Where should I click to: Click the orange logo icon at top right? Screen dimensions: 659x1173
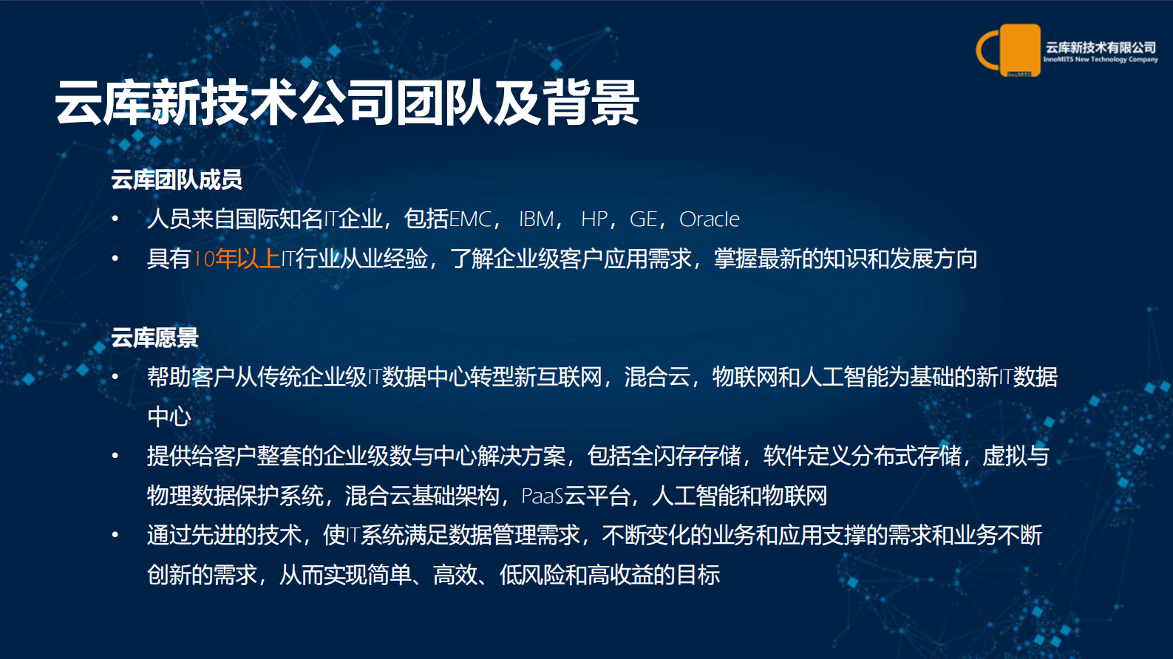pos(1009,50)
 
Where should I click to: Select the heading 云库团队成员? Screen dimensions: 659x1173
pos(177,180)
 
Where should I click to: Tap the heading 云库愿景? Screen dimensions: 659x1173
pos(155,338)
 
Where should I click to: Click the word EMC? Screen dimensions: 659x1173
pos(470,219)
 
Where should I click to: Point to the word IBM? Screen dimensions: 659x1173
pos(537,219)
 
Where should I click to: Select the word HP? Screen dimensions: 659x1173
pos(594,219)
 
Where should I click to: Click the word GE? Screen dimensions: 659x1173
pos(643,219)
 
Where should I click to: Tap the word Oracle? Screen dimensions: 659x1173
pos(709,219)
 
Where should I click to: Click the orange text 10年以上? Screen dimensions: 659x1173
pos(236,259)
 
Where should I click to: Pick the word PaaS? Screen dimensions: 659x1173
pos(543,496)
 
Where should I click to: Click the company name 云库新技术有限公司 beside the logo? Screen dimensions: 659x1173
pos(1101,48)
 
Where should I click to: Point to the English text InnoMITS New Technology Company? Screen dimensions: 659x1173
pos(1101,60)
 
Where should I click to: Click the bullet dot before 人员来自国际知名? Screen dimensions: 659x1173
pos(115,219)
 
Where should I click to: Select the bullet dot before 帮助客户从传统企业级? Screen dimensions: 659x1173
pos(115,378)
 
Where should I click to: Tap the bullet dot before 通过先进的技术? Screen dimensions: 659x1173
pos(115,535)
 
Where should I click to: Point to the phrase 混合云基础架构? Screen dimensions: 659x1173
pos(422,496)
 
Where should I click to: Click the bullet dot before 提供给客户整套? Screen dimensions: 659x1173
pos(115,457)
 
